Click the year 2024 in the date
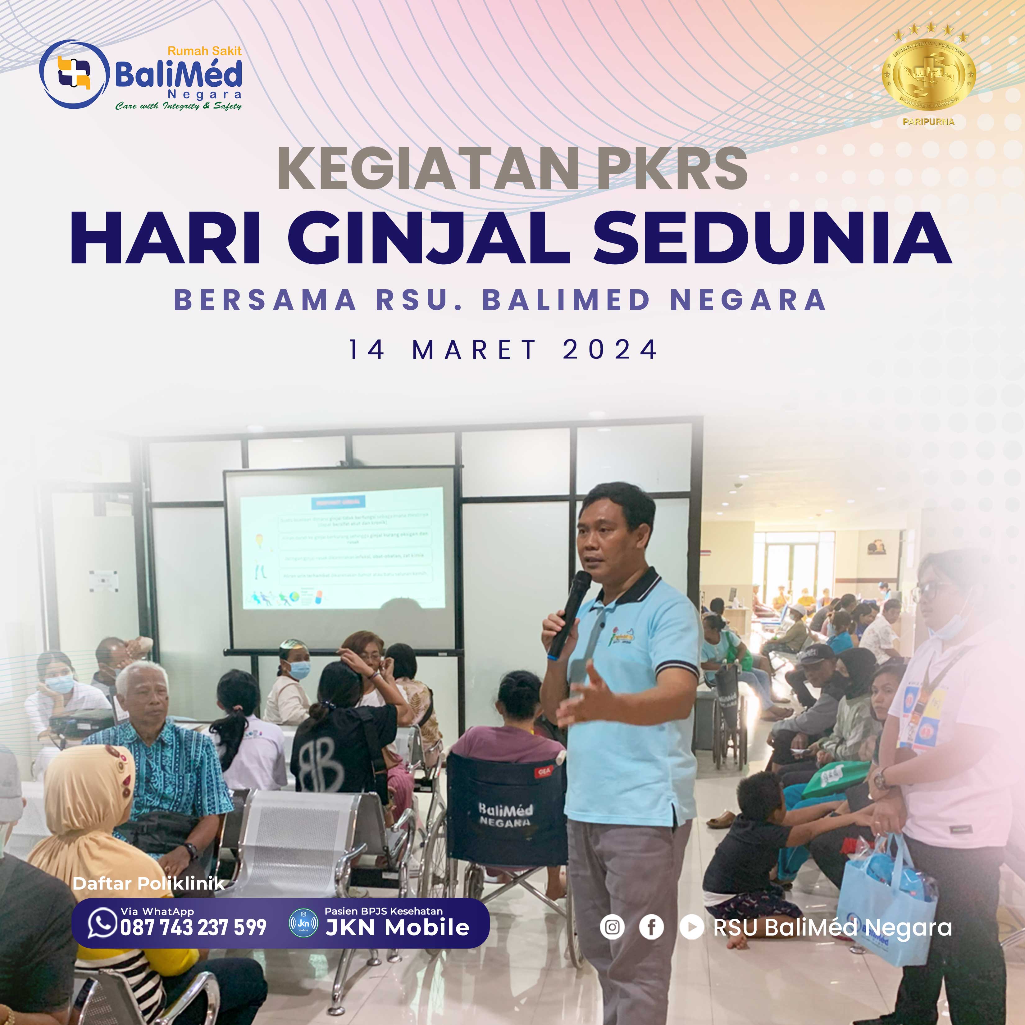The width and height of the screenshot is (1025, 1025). pos(610,350)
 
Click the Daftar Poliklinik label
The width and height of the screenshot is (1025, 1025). pos(148,883)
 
